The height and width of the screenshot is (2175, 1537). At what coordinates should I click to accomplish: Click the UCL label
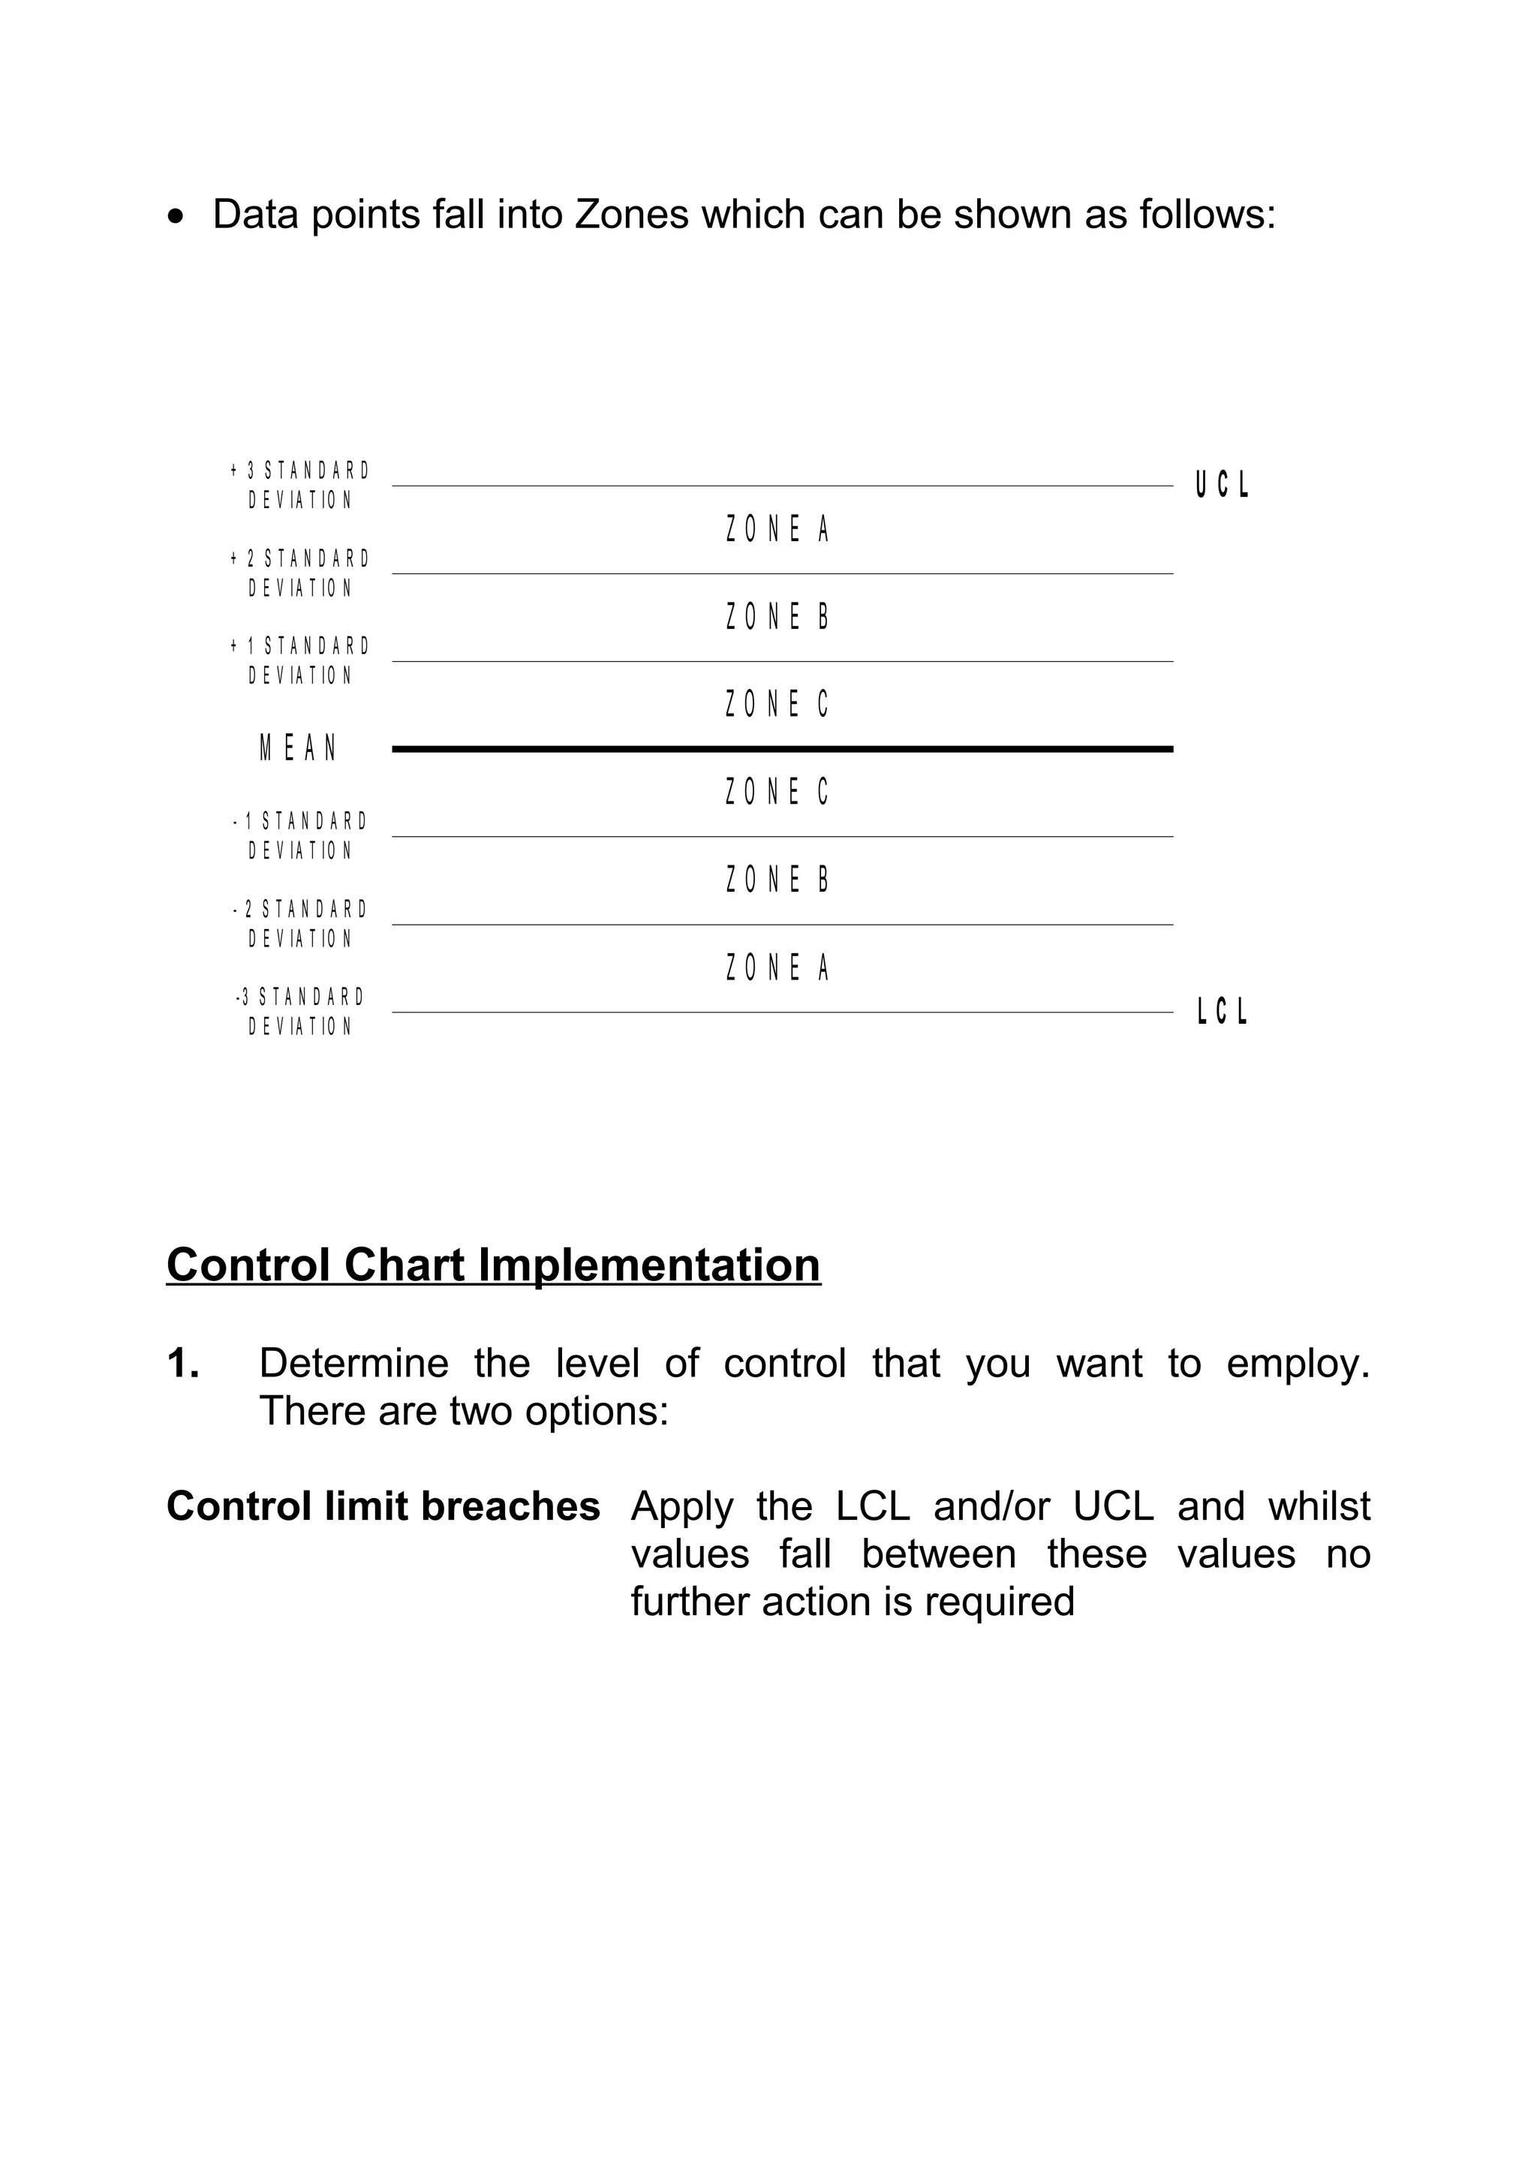pyautogui.click(x=1222, y=485)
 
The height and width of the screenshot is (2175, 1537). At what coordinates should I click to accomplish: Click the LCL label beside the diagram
pyautogui.click(x=1222, y=1012)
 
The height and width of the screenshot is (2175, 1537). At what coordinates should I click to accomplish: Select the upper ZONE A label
pyautogui.click(x=778, y=530)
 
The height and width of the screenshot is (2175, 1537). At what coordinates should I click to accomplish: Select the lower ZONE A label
pyautogui.click(x=778, y=968)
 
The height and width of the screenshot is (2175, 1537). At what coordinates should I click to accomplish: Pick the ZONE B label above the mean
pyautogui.click(x=778, y=618)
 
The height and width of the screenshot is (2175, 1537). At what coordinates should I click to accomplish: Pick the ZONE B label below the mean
pyautogui.click(x=778, y=880)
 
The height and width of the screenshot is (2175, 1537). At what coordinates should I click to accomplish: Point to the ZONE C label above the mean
pyautogui.click(x=778, y=705)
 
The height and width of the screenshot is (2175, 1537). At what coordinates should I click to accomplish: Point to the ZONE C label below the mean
pyautogui.click(x=778, y=792)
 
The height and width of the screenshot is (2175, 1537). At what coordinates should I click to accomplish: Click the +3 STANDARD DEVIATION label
pyautogui.click(x=300, y=485)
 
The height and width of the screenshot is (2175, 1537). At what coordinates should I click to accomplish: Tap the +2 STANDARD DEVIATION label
pyautogui.click(x=300, y=573)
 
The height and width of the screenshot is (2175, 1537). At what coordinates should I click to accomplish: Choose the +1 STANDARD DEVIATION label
pyautogui.click(x=300, y=660)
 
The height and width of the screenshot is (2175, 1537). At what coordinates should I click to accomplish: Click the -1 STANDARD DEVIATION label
pyautogui.click(x=300, y=835)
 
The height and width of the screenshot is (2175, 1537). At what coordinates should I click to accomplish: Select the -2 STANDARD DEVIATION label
pyautogui.click(x=300, y=924)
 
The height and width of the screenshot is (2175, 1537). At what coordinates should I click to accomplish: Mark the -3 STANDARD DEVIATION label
pyautogui.click(x=300, y=1012)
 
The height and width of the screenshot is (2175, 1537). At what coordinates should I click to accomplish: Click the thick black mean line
pyautogui.click(x=782, y=749)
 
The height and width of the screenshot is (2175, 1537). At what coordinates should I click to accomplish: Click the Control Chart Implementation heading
pyautogui.click(x=493, y=1265)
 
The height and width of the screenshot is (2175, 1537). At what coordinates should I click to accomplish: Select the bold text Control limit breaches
pyautogui.click(x=383, y=1506)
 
